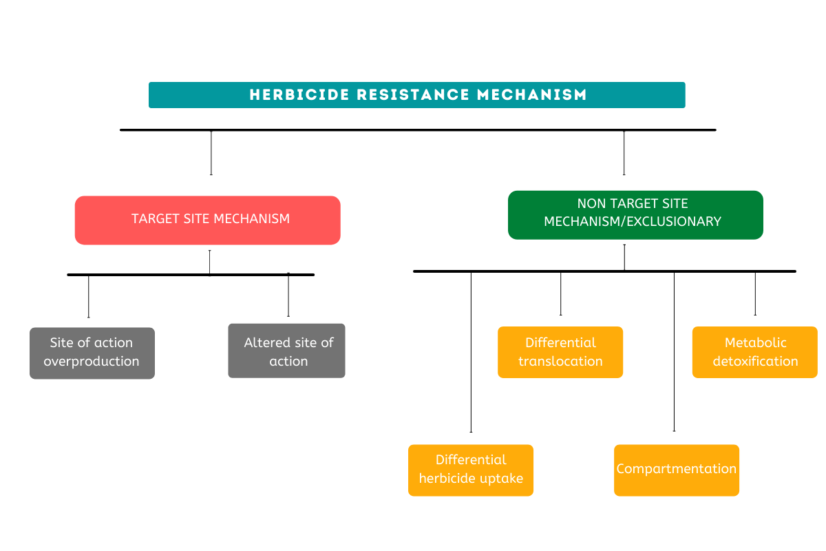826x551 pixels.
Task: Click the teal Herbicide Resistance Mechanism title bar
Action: point(416,95)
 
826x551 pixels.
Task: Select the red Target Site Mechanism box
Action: point(207,220)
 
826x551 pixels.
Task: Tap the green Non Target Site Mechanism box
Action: point(635,215)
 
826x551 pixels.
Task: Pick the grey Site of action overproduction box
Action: point(92,353)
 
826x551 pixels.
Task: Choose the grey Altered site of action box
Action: point(286,351)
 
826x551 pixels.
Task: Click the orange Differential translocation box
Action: point(560,352)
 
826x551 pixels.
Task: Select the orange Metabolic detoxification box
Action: point(754,352)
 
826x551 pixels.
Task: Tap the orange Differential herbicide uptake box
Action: point(470,470)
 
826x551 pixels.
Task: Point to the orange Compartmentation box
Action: point(676,470)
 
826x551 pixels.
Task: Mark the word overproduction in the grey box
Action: point(92,362)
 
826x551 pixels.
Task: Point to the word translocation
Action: point(560,362)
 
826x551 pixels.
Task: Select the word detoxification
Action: point(755,362)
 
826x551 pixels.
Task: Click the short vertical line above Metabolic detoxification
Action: point(755,294)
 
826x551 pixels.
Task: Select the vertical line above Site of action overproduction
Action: point(89,296)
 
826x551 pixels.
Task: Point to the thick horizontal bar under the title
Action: point(418,129)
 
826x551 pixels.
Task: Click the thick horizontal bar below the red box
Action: point(191,275)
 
